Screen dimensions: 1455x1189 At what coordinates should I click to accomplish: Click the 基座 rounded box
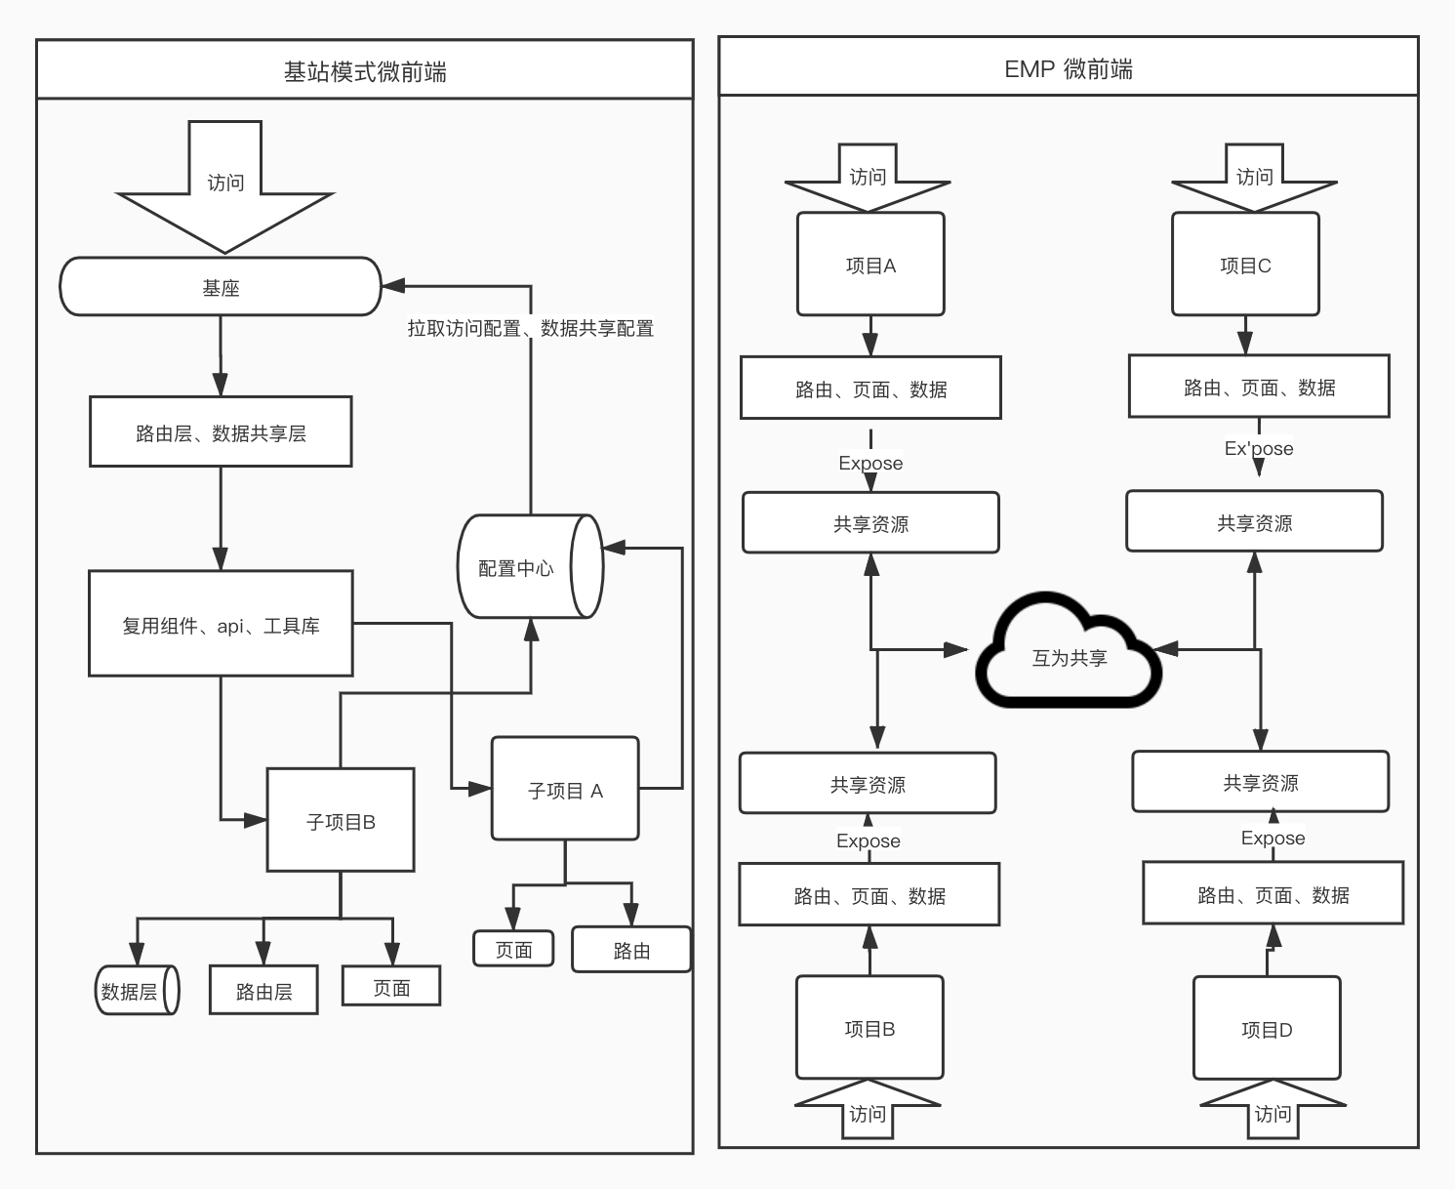pyautogui.click(x=221, y=286)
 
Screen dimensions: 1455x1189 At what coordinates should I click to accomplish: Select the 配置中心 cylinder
pyautogui.click(x=531, y=566)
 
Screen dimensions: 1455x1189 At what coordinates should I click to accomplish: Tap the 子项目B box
pyautogui.click(x=341, y=820)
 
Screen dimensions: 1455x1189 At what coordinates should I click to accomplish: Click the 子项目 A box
pyautogui.click(x=565, y=788)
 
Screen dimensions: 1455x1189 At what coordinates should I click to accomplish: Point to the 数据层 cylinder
pyautogui.click(x=138, y=990)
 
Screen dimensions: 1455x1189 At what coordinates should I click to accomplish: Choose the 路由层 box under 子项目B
pyautogui.click(x=263, y=990)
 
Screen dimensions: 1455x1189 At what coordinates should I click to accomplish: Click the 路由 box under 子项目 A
pyautogui.click(x=631, y=950)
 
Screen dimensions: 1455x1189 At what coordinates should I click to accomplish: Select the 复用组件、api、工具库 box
pyautogui.click(x=221, y=623)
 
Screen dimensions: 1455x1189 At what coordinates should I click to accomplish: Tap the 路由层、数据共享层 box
pyautogui.click(x=221, y=431)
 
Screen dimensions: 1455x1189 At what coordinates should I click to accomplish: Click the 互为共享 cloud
pyautogui.click(x=1069, y=650)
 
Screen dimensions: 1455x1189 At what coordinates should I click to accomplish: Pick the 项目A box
pyautogui.click(x=870, y=264)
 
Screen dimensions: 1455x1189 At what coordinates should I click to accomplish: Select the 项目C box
pyautogui.click(x=1245, y=264)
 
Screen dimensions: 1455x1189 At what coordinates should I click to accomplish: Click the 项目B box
pyautogui.click(x=869, y=1027)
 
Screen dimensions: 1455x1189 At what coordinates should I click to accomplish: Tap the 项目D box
pyautogui.click(x=1267, y=1028)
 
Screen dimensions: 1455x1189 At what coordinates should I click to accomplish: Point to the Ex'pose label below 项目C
pyautogui.click(x=1259, y=448)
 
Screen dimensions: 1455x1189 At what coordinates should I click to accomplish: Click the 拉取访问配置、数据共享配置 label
pyautogui.click(x=531, y=328)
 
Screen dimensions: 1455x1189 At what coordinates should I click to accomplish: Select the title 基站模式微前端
pyautogui.click(x=365, y=72)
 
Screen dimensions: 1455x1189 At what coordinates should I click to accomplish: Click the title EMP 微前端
pyautogui.click(x=1068, y=69)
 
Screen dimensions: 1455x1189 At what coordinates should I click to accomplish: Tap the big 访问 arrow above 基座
pyautogui.click(x=224, y=186)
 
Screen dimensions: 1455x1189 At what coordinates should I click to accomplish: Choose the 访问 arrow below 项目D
pyautogui.click(x=1273, y=1109)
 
